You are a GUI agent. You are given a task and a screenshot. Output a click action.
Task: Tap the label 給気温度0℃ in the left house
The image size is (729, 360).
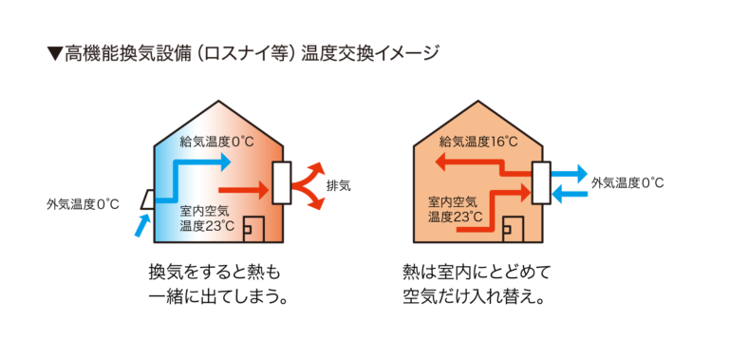pos(216,142)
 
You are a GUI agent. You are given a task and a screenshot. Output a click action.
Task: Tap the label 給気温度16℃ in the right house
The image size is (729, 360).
pos(478,142)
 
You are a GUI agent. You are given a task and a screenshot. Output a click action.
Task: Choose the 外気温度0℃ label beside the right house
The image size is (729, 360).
pos(627,182)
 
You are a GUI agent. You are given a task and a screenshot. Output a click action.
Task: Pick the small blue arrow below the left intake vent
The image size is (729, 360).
pos(142,224)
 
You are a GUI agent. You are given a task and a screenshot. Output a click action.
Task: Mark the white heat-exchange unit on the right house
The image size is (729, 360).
pos(541,182)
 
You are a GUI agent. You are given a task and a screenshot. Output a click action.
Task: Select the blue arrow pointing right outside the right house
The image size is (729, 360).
pos(570,172)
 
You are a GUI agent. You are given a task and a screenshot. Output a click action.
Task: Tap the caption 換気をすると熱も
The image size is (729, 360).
pos(214,272)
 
